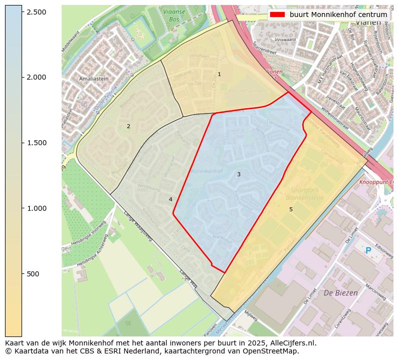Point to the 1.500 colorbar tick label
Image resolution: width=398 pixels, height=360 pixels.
(x=36, y=143)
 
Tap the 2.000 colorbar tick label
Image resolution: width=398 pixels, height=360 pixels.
(x=36, y=77)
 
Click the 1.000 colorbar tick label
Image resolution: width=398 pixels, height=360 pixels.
(x=36, y=208)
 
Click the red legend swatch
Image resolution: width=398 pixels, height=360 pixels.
(x=277, y=15)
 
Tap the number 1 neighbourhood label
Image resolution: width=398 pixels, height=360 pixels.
(x=219, y=74)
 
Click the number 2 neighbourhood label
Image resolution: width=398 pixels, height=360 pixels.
(x=128, y=126)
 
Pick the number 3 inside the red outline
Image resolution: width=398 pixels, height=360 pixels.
(x=239, y=174)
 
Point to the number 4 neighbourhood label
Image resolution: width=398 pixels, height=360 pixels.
(x=170, y=199)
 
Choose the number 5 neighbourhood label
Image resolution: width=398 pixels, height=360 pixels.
(x=291, y=209)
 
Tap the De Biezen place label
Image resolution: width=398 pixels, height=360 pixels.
(x=341, y=293)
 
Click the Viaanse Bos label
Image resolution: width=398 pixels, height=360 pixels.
(x=174, y=15)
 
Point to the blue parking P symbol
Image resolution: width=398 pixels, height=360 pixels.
(x=368, y=250)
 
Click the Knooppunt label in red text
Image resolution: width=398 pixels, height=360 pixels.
(x=375, y=182)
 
